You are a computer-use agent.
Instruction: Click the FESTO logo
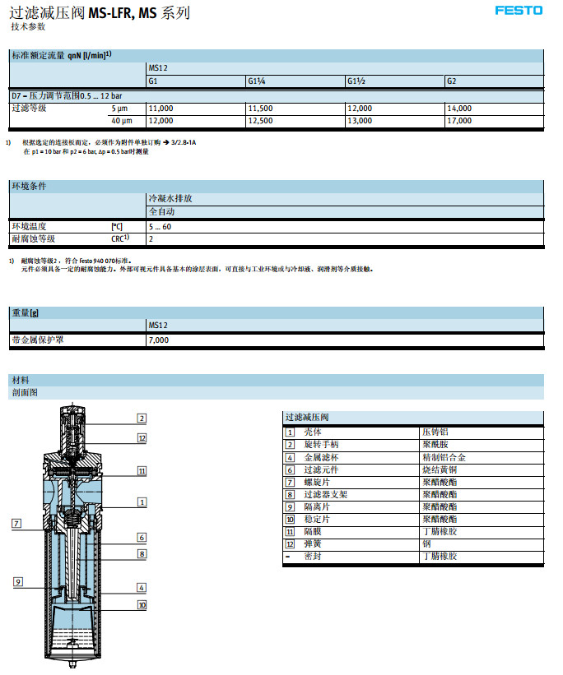pyautogui.click(x=519, y=11)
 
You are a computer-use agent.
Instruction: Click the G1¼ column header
pyautogui.click(x=257, y=81)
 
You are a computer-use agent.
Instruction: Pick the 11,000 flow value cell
pyautogui.click(x=161, y=109)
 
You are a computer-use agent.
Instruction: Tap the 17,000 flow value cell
pyautogui.click(x=459, y=121)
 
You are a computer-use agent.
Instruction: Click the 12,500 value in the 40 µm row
pyautogui.click(x=260, y=121)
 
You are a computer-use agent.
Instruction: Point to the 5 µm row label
pyautogui.click(x=119, y=109)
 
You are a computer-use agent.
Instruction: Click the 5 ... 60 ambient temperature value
pyautogui.click(x=161, y=226)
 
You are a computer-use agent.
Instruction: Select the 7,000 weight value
pyautogui.click(x=158, y=340)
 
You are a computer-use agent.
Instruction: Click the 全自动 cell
pyautogui.click(x=162, y=211)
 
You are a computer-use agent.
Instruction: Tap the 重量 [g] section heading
pyautogui.click(x=26, y=312)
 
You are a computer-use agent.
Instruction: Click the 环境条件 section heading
pyautogui.click(x=28, y=186)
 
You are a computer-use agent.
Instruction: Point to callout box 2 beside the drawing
pyautogui.click(x=142, y=418)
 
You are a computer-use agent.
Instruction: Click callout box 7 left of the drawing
pyautogui.click(x=16, y=524)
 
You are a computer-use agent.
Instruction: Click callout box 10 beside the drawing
pyautogui.click(x=142, y=604)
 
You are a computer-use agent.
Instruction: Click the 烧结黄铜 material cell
pyautogui.click(x=437, y=469)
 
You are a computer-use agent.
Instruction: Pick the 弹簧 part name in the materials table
pyautogui.click(x=313, y=543)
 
